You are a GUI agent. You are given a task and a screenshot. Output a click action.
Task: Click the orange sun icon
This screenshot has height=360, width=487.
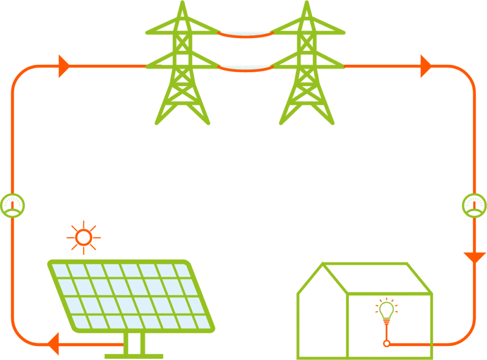(84, 237)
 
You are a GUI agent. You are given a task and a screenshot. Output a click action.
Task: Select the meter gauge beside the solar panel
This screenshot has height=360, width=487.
(12, 205)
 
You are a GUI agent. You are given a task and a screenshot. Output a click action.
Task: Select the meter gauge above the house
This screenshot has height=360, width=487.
(474, 205)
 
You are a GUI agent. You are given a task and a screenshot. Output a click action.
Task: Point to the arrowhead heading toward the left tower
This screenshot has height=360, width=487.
(64, 66)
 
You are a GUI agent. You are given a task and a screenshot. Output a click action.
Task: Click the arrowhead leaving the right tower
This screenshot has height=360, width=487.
(426, 66)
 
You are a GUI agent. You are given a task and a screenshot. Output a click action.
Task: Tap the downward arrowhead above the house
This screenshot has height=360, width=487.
(474, 257)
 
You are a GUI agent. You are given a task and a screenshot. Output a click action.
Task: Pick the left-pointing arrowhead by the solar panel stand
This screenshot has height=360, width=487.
(53, 343)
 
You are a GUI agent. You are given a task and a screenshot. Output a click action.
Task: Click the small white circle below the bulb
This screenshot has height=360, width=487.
(387, 343)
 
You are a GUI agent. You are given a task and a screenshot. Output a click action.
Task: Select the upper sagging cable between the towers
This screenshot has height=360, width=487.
(245, 35)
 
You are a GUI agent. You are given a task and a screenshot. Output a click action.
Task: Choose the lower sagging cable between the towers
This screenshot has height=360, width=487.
(245, 69)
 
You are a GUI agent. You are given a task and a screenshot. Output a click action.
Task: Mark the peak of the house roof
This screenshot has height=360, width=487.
(323, 263)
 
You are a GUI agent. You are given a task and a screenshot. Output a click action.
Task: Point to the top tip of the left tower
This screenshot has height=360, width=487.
(182, 2)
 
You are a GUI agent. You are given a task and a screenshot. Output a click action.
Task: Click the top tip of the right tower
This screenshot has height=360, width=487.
(307, 2)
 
